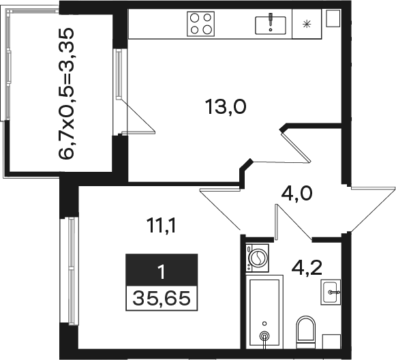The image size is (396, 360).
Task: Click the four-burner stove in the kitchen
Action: click(x=201, y=24)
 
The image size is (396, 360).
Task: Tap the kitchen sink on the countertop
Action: click(x=271, y=25)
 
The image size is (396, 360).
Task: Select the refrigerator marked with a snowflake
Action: click(x=307, y=24)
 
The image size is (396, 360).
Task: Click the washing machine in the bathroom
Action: click(x=258, y=258)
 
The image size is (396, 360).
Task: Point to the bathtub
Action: click(x=264, y=312)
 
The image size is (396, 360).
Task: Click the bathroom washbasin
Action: click(x=331, y=292)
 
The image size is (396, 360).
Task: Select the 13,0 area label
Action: click(x=226, y=107)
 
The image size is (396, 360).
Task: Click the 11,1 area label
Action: click(x=161, y=226)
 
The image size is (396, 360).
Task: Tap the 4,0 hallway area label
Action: click(x=296, y=194)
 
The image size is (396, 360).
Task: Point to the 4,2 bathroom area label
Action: click(x=307, y=268)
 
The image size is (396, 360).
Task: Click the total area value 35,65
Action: click(x=162, y=298)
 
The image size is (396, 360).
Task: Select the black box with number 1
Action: click(x=162, y=270)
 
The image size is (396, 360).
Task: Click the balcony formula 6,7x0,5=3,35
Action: click(x=66, y=93)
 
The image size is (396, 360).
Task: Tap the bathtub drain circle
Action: click(x=264, y=335)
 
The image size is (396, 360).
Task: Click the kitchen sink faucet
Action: click(x=271, y=20)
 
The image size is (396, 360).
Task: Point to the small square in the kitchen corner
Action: click(x=333, y=18)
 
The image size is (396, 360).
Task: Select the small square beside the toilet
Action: click(x=332, y=342)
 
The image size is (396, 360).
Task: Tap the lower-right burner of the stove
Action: click(x=207, y=30)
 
